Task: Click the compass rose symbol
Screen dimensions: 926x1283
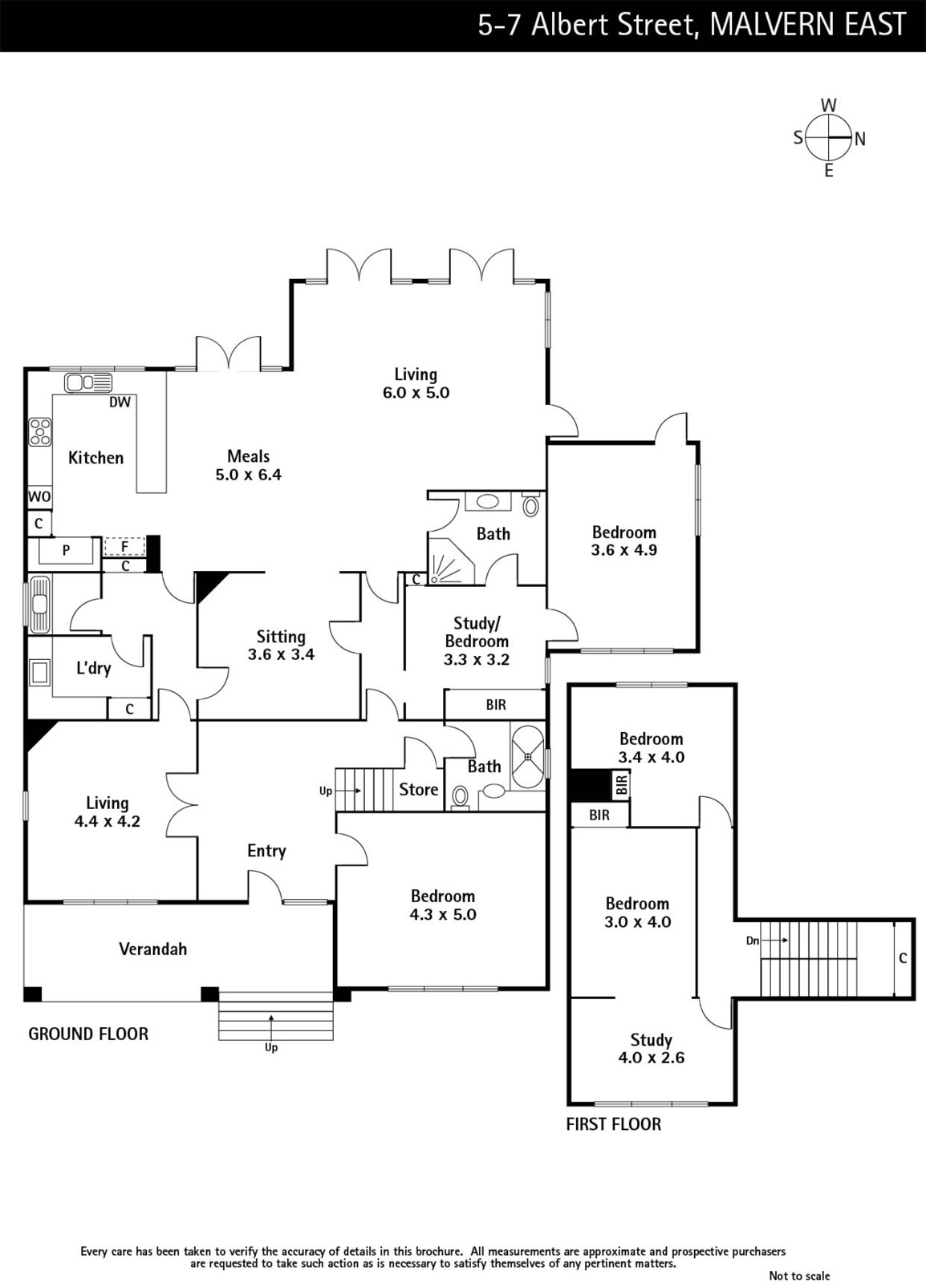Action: (x=829, y=138)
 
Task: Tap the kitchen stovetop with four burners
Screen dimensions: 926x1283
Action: (x=40, y=432)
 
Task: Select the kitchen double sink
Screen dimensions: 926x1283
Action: (x=88, y=382)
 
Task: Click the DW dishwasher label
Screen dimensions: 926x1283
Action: (x=120, y=402)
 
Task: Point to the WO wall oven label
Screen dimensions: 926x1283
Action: (x=39, y=496)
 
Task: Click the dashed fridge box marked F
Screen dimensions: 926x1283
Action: (x=124, y=546)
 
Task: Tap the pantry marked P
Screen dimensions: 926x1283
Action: (x=65, y=550)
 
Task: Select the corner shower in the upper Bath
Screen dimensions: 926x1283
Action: (x=451, y=561)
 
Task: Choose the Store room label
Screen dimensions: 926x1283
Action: (x=418, y=789)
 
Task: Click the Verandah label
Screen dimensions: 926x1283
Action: (x=153, y=949)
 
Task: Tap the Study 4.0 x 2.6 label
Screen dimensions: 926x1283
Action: (x=651, y=1048)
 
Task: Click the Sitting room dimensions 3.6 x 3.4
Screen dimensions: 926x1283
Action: (x=281, y=654)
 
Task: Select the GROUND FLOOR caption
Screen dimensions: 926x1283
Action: (x=88, y=1034)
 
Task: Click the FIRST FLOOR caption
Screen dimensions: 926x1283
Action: (x=614, y=1124)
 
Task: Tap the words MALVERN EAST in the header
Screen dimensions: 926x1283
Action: (x=808, y=25)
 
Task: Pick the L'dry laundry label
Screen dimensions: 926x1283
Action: (x=93, y=668)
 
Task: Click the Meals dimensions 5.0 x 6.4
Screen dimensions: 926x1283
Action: (x=248, y=475)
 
